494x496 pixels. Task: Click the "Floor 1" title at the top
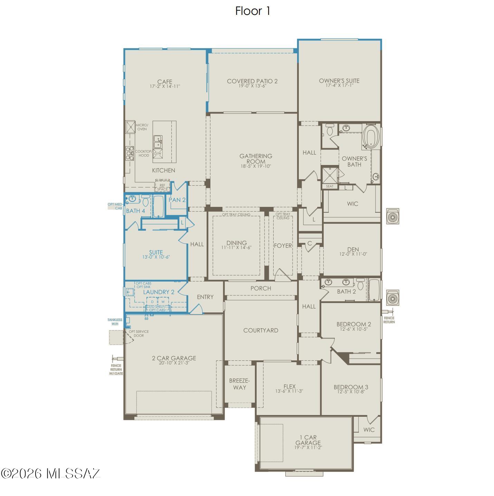253,11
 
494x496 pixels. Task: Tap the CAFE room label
165,82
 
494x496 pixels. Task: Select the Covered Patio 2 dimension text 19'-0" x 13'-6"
252,86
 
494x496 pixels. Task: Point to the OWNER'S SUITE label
339,81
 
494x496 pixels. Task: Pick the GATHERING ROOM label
256,159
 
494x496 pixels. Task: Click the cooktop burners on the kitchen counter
130,153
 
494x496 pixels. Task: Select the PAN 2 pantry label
177,200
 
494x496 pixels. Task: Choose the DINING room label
237,243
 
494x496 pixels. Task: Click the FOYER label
283,246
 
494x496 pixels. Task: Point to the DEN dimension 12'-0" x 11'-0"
353,254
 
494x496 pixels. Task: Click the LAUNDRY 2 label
159,292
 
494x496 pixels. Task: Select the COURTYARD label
260,330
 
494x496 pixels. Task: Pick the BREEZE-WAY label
239,384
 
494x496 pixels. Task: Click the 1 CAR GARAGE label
308,440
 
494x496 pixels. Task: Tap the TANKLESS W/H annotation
115,322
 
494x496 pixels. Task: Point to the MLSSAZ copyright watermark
51,473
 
